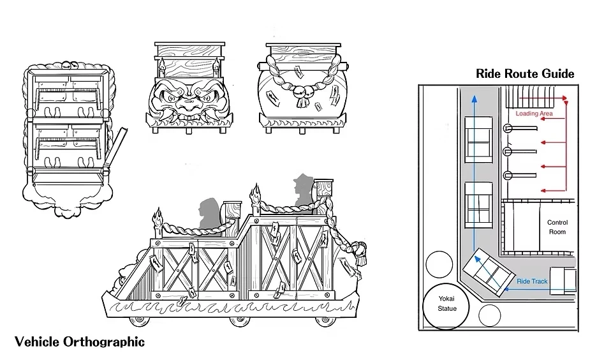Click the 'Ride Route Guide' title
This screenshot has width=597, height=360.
click(524, 74)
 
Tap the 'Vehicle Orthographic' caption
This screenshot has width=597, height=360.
click(80, 341)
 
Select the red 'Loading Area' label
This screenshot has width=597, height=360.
click(534, 114)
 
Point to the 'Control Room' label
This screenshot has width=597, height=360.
click(557, 227)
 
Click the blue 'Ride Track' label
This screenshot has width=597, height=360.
click(532, 281)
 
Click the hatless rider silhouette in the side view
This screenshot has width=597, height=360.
click(210, 214)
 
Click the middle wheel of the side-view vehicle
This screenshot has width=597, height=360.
click(239, 320)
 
